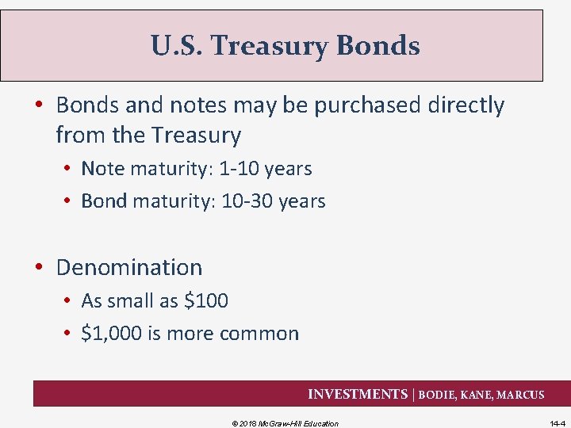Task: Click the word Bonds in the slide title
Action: [377, 46]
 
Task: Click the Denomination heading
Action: [128, 268]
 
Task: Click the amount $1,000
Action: [111, 334]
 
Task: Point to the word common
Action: [259, 334]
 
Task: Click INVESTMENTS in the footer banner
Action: [356, 394]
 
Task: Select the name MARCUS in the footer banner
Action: [520, 395]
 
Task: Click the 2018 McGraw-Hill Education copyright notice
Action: [285, 423]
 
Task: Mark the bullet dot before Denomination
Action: [44, 268]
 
